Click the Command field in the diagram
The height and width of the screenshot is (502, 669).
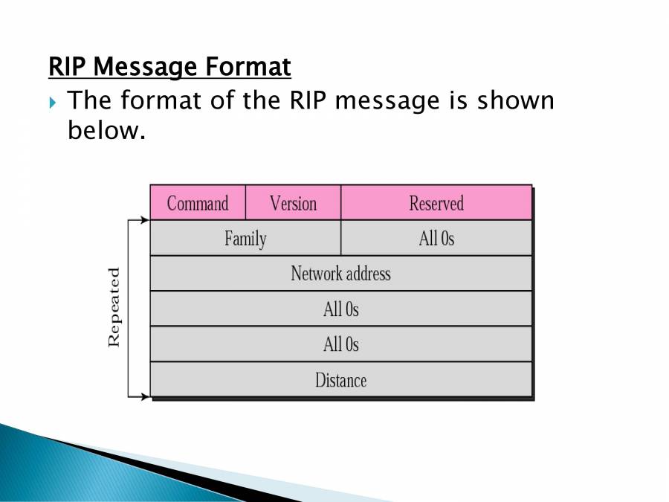point(198,203)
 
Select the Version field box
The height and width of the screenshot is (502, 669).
point(293,203)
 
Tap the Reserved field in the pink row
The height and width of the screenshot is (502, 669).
point(436,203)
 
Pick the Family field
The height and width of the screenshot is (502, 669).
point(245,239)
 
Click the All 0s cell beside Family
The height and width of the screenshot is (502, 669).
point(436,239)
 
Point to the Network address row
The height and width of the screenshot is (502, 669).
point(340,274)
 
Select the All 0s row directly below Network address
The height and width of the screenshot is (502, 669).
point(340,309)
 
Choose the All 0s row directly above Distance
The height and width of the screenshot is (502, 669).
point(340,344)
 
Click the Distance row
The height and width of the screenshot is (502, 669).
point(340,380)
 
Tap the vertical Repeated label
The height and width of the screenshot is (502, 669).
point(114,307)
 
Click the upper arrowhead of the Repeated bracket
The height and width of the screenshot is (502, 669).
point(145,221)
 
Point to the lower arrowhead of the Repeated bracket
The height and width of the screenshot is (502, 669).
point(145,396)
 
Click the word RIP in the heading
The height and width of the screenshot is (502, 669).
point(68,68)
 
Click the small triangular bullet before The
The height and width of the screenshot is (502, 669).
point(52,102)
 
